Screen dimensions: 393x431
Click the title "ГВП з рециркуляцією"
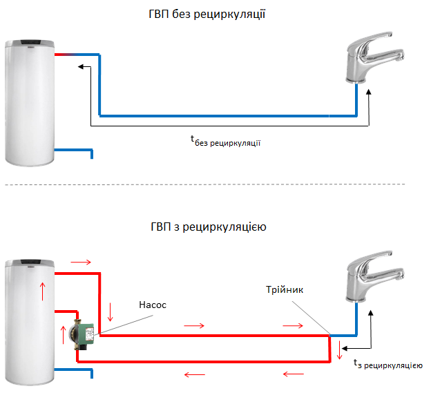coord(207,226)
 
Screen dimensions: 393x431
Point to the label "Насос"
coord(153,304)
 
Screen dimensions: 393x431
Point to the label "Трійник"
coord(284,290)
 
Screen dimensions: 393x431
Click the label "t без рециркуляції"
coord(229,141)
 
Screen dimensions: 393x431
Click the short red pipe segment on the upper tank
coord(64,55)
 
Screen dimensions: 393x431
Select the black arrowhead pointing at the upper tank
coord(81,67)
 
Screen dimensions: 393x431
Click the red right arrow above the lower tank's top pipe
coord(81,262)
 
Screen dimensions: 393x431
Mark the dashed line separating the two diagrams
coord(215,184)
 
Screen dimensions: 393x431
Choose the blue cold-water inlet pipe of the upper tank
coord(76,150)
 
